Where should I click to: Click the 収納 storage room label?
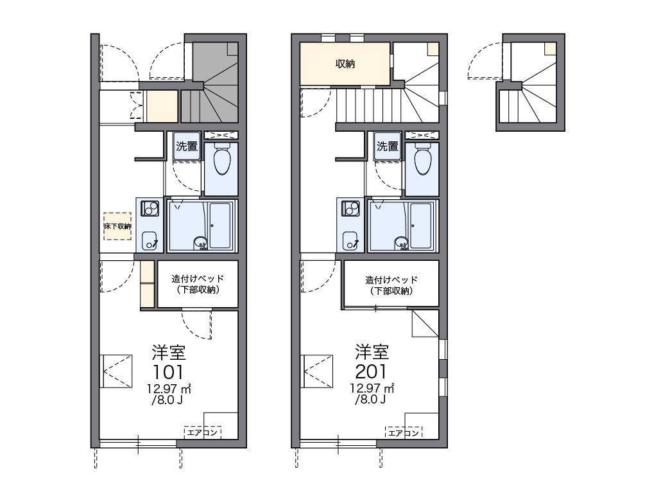[345, 64]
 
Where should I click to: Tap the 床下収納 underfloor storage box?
[117, 226]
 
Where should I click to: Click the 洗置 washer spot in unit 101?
[187, 146]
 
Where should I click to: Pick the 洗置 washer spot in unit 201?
[388, 146]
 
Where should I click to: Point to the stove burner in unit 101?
[150, 208]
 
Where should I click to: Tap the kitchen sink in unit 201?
[350, 241]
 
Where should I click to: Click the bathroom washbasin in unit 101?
[200, 242]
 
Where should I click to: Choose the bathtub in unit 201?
[421, 226]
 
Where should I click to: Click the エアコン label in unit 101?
[202, 432]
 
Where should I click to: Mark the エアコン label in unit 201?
[404, 432]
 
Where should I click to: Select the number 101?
[168, 372]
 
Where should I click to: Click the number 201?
[371, 371]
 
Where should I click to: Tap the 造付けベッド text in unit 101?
[198, 278]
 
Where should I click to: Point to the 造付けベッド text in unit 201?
[391, 279]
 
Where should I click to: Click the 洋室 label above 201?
[372, 352]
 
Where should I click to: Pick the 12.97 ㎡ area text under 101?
[168, 389]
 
